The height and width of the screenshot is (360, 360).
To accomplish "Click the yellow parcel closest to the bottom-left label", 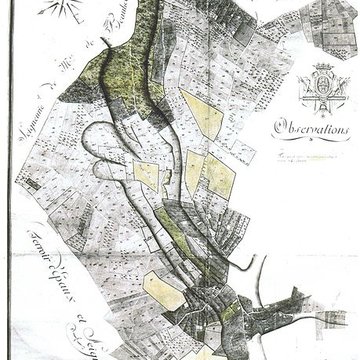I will pos(162,291).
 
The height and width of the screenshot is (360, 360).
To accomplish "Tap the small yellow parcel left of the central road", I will pos(146,175).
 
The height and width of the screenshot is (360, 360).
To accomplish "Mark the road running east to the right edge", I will pos(320,323).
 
